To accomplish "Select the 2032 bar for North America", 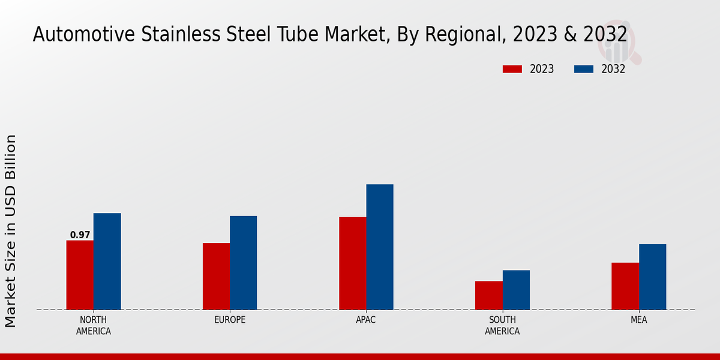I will click(107, 262).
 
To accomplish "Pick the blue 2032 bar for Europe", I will click(243, 263).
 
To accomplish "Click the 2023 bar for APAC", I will click(352, 263).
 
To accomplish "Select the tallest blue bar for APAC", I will click(380, 247).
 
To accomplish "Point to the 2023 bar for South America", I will click(488, 295).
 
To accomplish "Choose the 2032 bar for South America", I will click(516, 290).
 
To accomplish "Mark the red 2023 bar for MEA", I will click(625, 286).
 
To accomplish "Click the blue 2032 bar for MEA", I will click(652, 277).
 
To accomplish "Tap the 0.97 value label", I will click(80, 235).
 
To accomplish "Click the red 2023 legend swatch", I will click(512, 69).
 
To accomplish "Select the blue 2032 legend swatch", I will click(584, 69).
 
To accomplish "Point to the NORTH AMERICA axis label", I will click(93, 325).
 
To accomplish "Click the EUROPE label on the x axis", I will click(230, 320).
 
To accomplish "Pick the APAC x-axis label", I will click(365, 320).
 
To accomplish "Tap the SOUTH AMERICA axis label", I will click(502, 325).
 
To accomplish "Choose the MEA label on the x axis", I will click(638, 320).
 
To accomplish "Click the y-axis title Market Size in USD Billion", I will click(11, 231).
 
